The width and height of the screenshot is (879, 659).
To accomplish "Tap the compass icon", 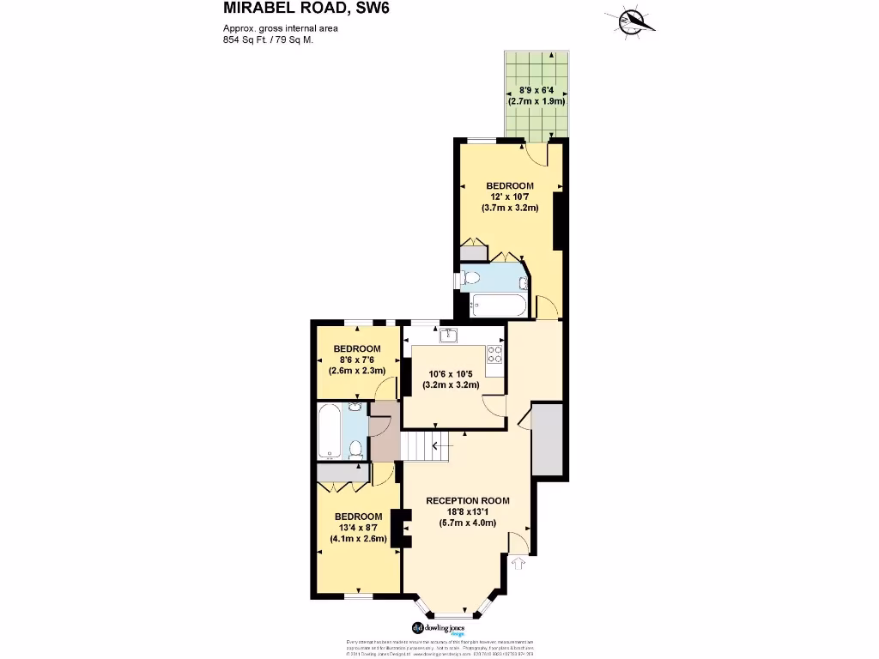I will tap(634, 21).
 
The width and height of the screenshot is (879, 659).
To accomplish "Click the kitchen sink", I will tap(448, 336).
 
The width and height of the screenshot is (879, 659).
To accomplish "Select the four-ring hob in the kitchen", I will tap(494, 354).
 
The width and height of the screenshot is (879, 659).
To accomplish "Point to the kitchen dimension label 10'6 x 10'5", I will tap(453, 379).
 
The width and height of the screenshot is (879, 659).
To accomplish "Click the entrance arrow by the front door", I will tap(517, 563).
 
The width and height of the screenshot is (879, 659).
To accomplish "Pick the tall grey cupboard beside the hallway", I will tap(547, 439).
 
